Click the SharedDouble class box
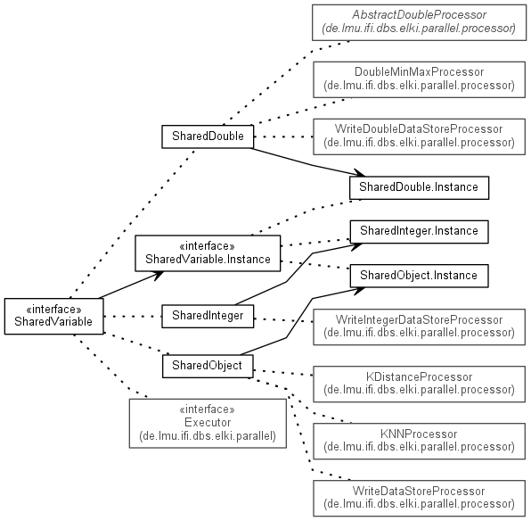click(x=208, y=136)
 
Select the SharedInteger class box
click(x=208, y=316)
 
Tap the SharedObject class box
click(x=208, y=366)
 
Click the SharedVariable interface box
click(x=53, y=316)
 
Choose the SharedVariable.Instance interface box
click(x=208, y=253)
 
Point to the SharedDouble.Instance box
click(x=419, y=187)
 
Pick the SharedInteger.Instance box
click(x=419, y=232)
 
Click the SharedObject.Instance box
click(x=419, y=276)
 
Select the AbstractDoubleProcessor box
click(x=419, y=22)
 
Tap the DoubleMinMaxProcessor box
click(x=419, y=79)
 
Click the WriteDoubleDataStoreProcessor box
click(x=419, y=136)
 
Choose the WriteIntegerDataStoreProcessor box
click(x=419, y=327)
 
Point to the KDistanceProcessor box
click(x=419, y=384)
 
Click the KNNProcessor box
click(x=419, y=441)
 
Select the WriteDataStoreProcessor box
click(x=419, y=499)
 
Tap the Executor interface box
click(x=208, y=423)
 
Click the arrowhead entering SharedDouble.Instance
click(x=359, y=173)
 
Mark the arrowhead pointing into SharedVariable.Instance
click(x=158, y=275)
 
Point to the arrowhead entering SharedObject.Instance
click(x=359, y=291)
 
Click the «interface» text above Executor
click(x=207, y=409)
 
